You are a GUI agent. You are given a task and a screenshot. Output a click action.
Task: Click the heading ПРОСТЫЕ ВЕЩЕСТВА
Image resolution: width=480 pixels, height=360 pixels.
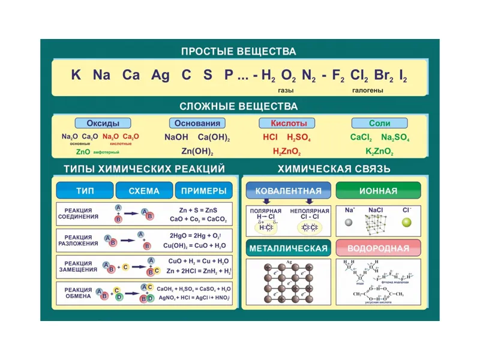click(239, 51)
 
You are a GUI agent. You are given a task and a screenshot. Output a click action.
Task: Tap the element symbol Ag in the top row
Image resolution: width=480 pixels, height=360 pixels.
click(161, 76)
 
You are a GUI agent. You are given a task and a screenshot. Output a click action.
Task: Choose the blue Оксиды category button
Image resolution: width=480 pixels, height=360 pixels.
click(103, 123)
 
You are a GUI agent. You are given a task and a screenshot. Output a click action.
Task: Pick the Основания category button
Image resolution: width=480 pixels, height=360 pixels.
click(197, 123)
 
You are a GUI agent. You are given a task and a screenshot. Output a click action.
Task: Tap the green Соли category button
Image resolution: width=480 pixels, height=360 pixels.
click(379, 123)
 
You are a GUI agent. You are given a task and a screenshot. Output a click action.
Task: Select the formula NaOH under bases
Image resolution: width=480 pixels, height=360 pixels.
click(176, 137)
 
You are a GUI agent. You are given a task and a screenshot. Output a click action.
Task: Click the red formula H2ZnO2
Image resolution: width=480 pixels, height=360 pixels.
click(287, 151)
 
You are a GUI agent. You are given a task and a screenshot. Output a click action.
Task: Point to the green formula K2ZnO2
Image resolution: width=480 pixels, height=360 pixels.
click(380, 151)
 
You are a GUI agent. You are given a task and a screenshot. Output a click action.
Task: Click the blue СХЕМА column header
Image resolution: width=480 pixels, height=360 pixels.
click(144, 191)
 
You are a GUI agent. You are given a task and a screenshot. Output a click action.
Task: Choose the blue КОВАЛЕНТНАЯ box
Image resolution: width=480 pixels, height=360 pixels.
click(289, 191)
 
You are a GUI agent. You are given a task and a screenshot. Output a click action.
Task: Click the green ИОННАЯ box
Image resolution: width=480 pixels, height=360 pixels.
click(378, 191)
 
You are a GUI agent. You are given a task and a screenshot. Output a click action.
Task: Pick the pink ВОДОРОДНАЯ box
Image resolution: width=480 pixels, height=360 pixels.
click(378, 248)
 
